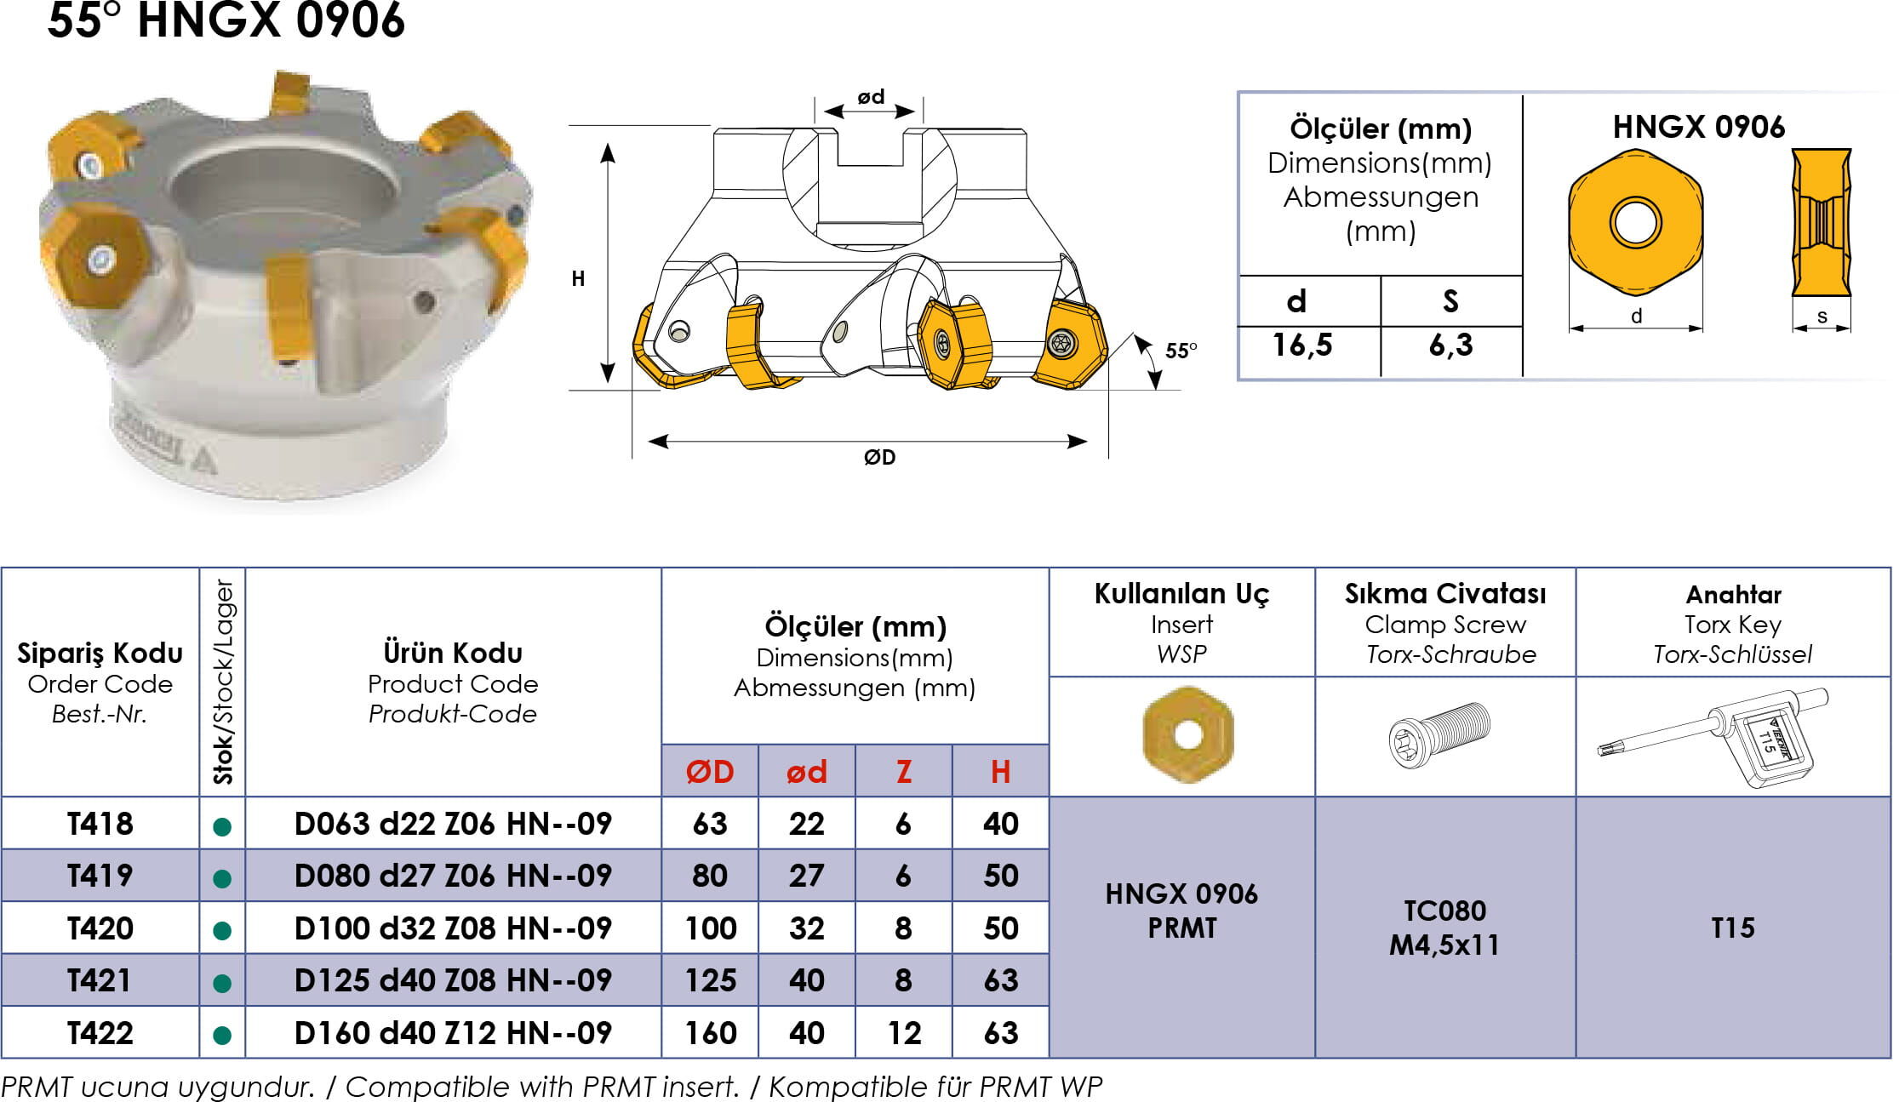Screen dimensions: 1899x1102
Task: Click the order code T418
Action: (x=100, y=824)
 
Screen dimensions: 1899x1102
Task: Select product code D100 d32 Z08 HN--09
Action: (x=453, y=928)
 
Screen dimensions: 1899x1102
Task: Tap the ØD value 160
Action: (x=711, y=1033)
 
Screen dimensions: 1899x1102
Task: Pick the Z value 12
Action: (x=904, y=1033)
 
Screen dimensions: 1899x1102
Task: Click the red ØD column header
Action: (x=710, y=772)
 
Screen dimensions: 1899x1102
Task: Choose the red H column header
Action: (x=1000, y=772)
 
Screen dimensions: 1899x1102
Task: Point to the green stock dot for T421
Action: (x=222, y=984)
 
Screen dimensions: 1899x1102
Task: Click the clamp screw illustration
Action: (x=1439, y=734)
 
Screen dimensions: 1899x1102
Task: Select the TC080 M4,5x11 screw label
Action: (x=1444, y=928)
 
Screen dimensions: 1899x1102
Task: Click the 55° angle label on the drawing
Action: (x=1181, y=350)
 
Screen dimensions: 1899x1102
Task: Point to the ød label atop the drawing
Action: (x=871, y=96)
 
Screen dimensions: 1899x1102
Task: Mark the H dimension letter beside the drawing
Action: (x=578, y=278)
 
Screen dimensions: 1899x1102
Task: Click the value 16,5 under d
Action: (x=1302, y=345)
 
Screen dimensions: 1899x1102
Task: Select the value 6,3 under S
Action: (x=1450, y=345)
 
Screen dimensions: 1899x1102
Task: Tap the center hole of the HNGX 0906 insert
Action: (x=1635, y=222)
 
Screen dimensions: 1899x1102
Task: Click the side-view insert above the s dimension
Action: (x=1822, y=223)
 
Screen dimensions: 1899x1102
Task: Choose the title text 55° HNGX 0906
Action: (x=226, y=20)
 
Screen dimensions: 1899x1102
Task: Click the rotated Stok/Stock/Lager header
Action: (x=223, y=682)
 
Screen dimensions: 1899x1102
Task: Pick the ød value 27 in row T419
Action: (x=806, y=876)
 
